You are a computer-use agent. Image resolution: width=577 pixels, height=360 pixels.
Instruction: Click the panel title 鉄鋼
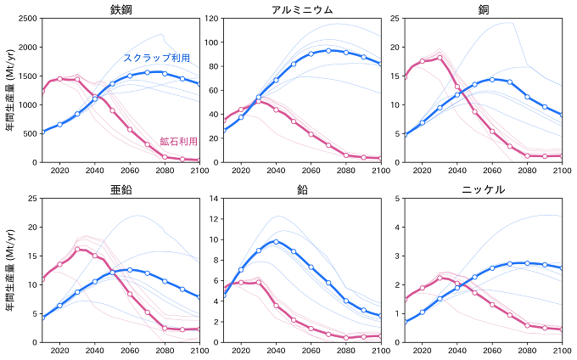120,9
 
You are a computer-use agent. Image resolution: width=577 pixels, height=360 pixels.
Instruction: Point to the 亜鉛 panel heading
120,189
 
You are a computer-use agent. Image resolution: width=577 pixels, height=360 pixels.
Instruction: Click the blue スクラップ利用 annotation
156,58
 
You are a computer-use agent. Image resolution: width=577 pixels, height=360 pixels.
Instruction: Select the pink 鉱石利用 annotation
178,141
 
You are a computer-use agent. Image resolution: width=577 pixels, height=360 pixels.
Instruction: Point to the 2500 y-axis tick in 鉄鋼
25,19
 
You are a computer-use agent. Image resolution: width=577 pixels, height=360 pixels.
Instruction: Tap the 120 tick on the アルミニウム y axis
212,19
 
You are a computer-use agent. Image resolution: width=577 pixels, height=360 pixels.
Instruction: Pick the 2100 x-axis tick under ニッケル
561,352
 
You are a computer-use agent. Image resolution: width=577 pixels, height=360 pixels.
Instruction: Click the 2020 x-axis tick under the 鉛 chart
241,352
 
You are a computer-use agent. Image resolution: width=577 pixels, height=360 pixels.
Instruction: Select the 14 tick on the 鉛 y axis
215,199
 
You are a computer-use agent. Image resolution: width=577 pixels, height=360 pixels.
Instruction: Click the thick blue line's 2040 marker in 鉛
276,241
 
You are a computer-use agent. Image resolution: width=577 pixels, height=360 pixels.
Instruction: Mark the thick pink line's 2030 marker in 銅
440,59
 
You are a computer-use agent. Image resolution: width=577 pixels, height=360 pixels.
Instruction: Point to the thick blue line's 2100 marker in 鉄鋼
199,84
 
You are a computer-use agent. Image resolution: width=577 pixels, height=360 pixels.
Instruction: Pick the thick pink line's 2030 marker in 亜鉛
77,250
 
